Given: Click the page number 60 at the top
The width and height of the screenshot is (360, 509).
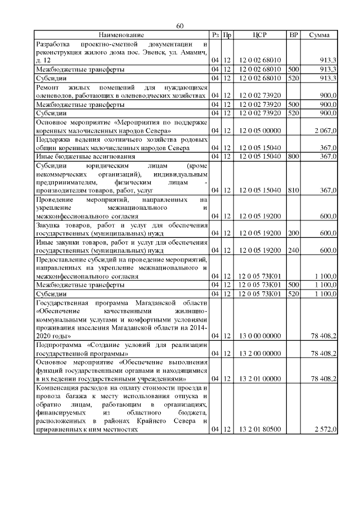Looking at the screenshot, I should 179,26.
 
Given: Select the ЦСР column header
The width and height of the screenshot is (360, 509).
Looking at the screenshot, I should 260,35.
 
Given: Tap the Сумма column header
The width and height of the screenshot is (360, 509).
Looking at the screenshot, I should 319,35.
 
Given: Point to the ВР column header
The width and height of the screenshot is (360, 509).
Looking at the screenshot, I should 293,35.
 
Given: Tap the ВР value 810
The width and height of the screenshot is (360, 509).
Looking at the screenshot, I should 293,190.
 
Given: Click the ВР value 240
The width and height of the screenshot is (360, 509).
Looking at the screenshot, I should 293,249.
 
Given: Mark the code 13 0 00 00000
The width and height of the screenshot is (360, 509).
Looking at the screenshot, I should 260,336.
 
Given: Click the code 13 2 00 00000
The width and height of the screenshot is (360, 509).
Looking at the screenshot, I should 260,353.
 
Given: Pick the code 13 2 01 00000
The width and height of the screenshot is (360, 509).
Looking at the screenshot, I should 260,379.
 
